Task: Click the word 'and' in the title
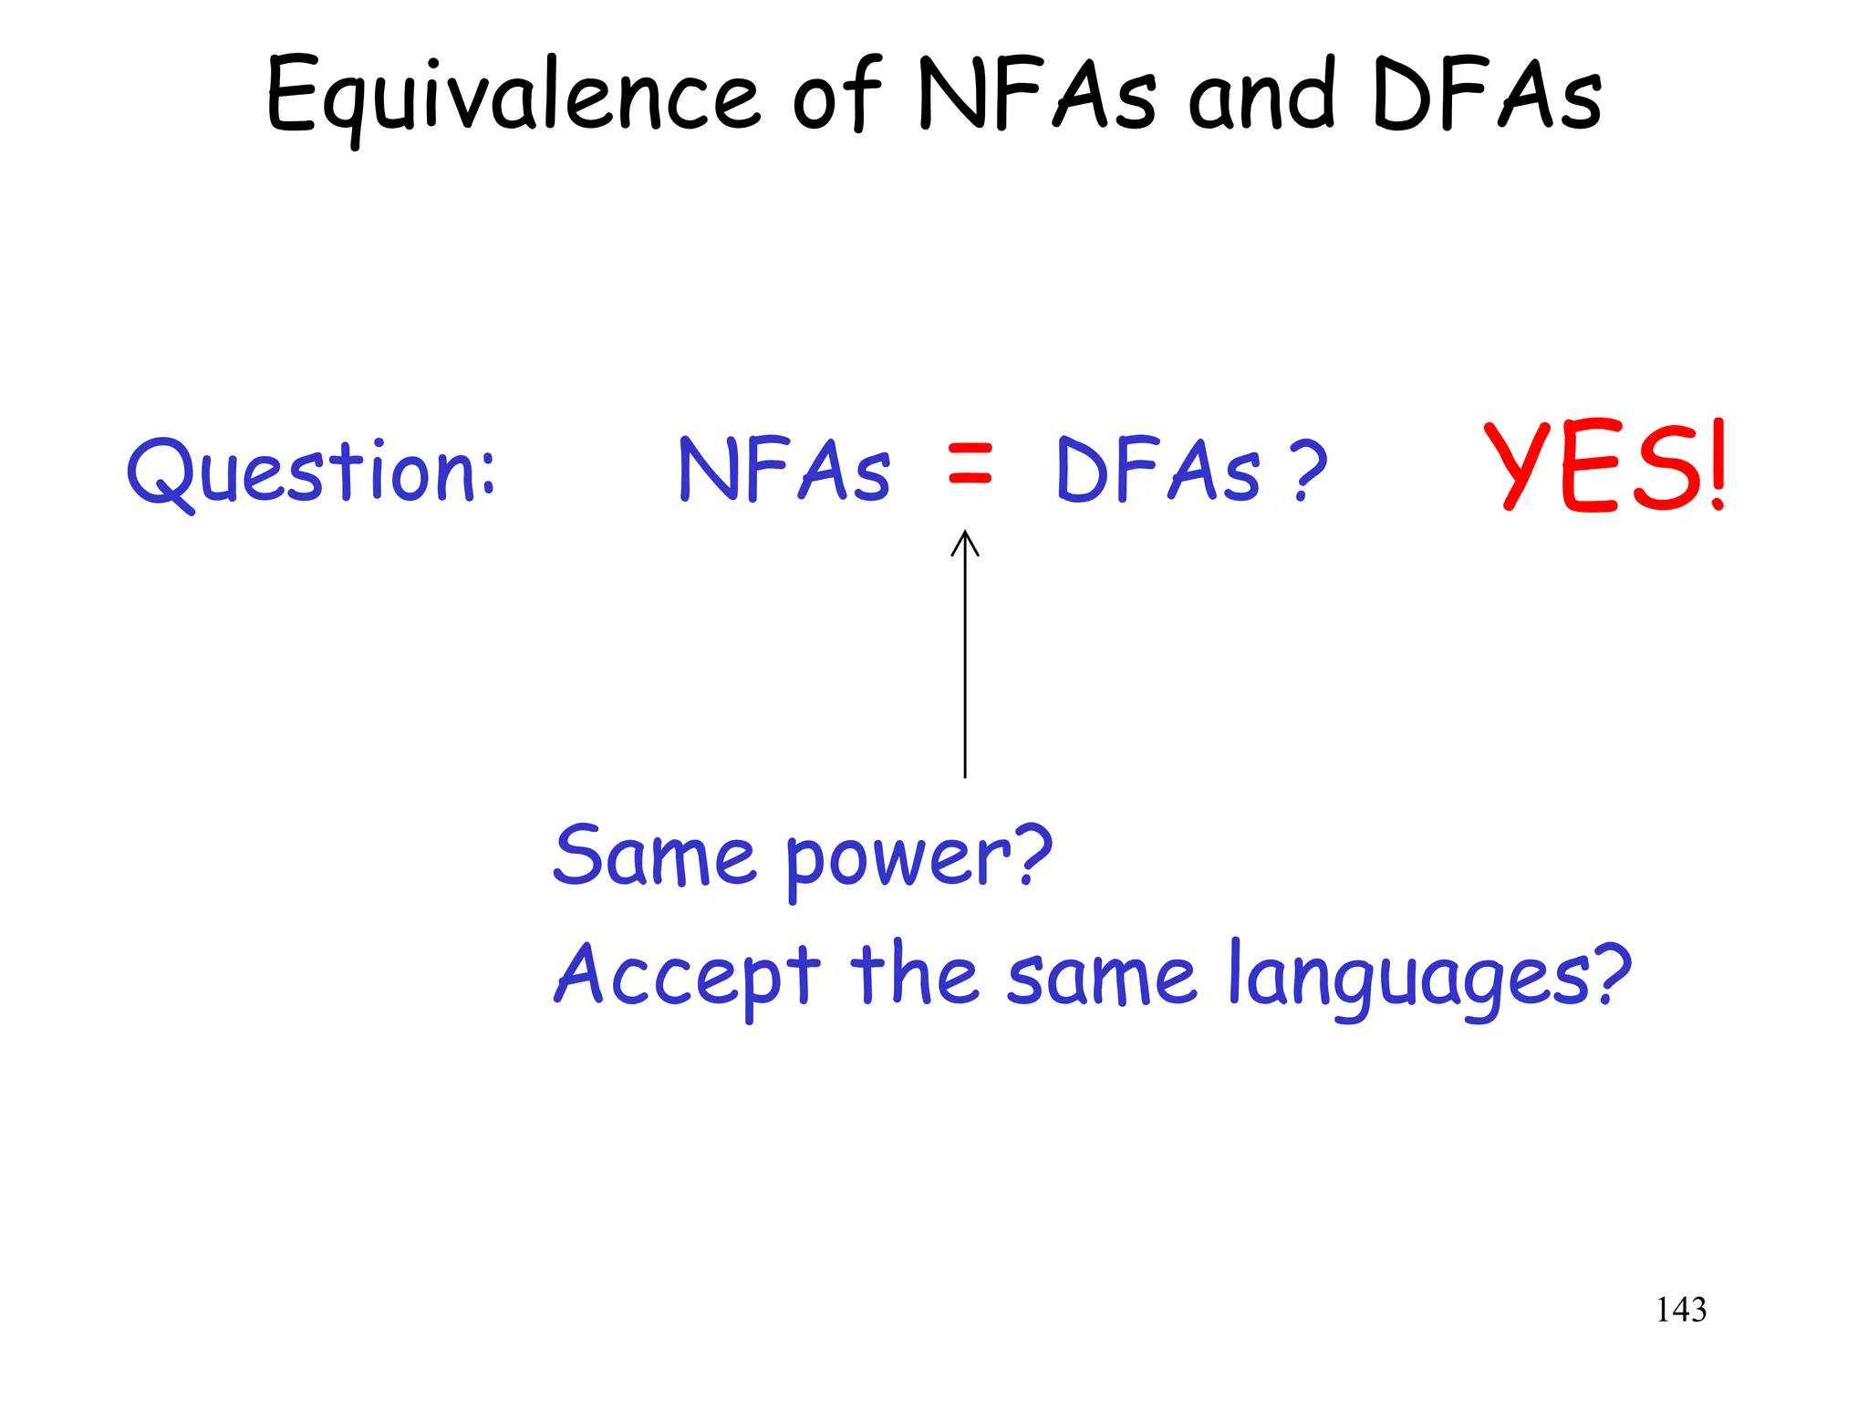[1262, 97]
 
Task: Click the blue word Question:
[311, 472]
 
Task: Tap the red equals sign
[969, 463]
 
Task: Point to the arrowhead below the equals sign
[965, 543]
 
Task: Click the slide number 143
[1681, 1310]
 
